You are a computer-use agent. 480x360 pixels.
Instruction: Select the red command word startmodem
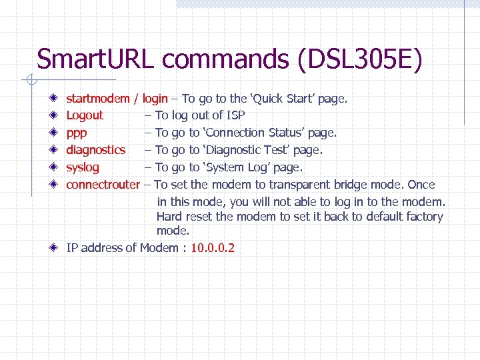click(98, 99)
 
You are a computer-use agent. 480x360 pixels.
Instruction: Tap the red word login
click(155, 99)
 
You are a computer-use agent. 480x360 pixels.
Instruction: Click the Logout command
click(85, 115)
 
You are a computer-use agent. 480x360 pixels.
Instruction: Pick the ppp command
click(76, 133)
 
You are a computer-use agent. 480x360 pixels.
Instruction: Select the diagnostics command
click(95, 150)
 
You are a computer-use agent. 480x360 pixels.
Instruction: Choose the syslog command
click(82, 167)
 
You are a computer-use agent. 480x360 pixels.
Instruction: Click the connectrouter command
click(103, 185)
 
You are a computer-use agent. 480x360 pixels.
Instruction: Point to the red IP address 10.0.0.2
click(213, 248)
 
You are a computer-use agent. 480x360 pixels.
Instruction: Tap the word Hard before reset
click(169, 217)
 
